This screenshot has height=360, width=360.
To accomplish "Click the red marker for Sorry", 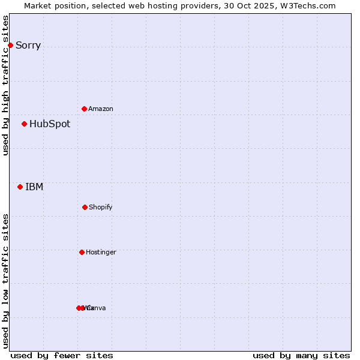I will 10,45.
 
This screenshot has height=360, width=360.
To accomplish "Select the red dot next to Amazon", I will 84,109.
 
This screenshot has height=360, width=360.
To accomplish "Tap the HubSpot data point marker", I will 24,124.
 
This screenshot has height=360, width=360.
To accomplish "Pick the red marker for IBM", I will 20,187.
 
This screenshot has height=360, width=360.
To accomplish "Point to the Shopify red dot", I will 85,207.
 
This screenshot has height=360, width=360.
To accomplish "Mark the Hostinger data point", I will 82,252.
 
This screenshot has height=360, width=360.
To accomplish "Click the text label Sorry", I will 28,46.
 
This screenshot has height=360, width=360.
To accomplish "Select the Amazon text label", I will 101,109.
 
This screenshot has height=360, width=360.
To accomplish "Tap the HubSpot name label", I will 50,124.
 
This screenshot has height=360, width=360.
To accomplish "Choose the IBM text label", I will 34,187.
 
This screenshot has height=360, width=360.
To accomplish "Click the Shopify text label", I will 101,208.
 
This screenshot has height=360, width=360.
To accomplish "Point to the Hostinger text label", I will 101,253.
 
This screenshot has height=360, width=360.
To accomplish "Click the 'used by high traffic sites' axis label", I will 5,85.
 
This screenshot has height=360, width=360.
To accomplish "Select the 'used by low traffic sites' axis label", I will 5,281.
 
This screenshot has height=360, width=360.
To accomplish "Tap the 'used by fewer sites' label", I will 62,356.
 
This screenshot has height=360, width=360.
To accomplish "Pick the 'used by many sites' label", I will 301,356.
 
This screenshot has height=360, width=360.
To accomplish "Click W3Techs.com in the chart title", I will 308,6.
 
